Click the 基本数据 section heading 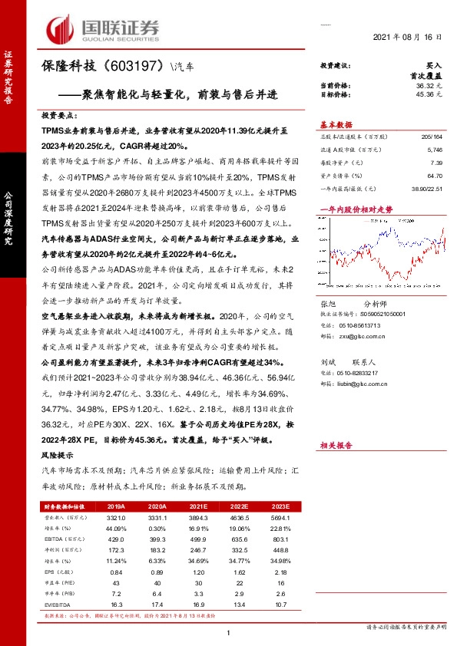coord(336,124)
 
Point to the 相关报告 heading coord(336,444)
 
